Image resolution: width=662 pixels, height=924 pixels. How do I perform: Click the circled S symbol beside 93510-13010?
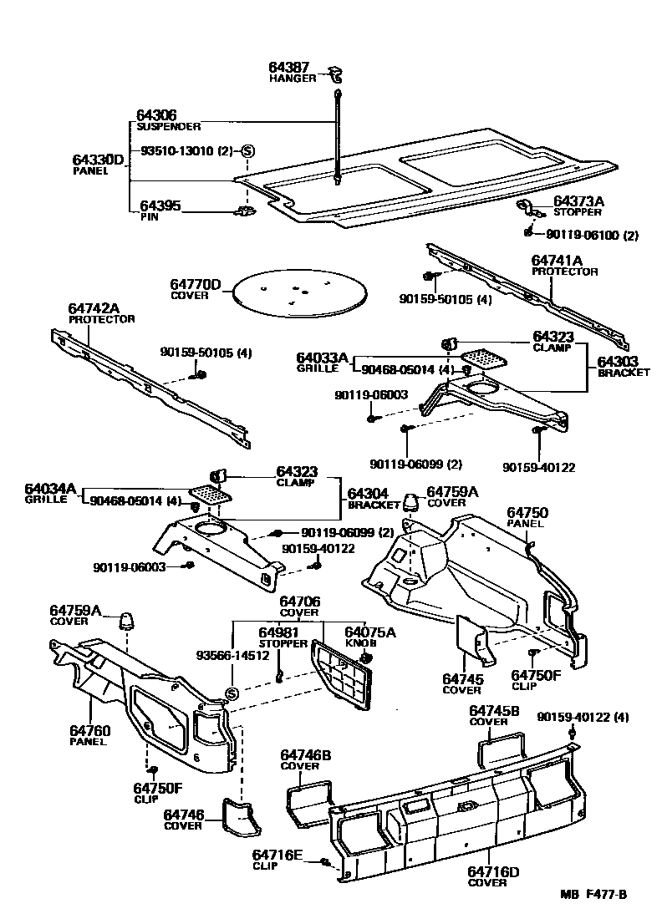click(x=247, y=151)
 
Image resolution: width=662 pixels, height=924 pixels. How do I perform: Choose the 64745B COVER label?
click(x=492, y=715)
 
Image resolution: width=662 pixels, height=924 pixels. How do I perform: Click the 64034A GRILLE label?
click(x=49, y=493)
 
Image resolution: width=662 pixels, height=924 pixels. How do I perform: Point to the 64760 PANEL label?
click(x=89, y=735)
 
